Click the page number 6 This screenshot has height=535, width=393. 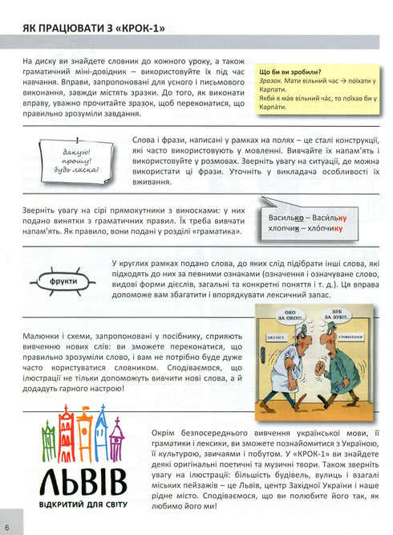[x=7, y=528]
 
